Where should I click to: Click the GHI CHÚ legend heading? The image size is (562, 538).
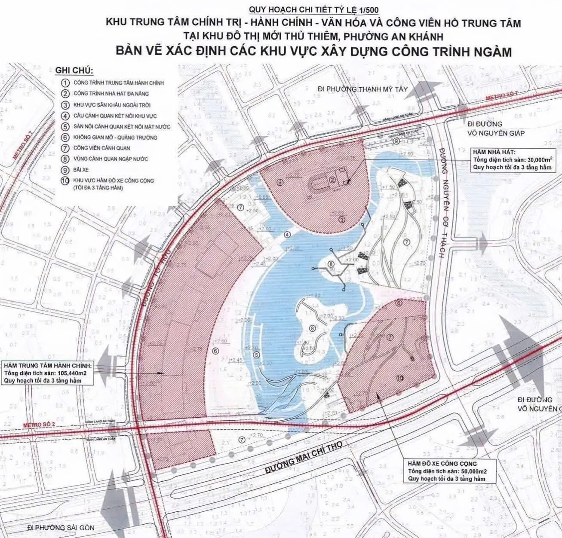click(x=74, y=71)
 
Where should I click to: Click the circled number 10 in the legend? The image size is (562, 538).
click(x=65, y=181)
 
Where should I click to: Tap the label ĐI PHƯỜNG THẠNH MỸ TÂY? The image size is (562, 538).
click(x=362, y=89)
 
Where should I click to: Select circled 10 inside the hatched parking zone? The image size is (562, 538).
click(x=400, y=378)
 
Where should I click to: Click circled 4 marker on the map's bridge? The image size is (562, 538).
click(x=287, y=235)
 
